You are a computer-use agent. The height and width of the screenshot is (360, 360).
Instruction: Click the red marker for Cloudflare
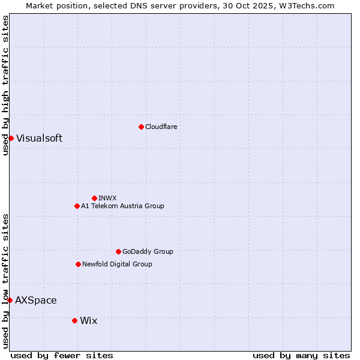[x=141, y=127]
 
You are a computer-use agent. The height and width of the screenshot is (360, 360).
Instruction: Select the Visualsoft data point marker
[x=11, y=138]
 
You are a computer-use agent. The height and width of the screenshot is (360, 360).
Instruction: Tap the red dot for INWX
[x=94, y=198]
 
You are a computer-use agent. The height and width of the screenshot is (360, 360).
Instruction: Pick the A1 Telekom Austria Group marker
[x=77, y=206]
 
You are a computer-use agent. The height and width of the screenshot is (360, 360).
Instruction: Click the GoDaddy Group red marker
[x=118, y=251]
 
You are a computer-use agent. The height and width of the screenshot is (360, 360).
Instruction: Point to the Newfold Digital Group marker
[x=78, y=264]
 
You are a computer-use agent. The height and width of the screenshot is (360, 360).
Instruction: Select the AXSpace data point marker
[x=10, y=300]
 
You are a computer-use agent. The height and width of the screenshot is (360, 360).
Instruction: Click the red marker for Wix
[x=74, y=320]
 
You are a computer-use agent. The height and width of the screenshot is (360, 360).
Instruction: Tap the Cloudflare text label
[x=161, y=127]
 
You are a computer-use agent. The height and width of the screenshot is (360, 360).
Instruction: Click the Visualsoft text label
[x=39, y=138]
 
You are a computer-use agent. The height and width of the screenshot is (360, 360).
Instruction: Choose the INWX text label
[x=107, y=198]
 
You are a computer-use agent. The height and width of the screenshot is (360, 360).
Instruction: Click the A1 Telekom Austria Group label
[x=122, y=206]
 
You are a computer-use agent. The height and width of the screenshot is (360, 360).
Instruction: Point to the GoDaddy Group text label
[x=148, y=251]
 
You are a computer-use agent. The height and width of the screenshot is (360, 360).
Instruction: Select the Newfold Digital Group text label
[x=117, y=264]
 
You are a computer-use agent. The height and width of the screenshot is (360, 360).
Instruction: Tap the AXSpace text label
[x=36, y=300]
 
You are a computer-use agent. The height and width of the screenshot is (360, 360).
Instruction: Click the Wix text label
[x=88, y=320]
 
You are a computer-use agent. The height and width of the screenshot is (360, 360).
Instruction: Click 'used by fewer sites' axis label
[x=62, y=355]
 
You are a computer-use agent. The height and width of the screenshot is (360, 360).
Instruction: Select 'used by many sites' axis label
[x=301, y=355]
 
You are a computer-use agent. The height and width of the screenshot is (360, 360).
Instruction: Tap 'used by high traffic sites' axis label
[x=5, y=86]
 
